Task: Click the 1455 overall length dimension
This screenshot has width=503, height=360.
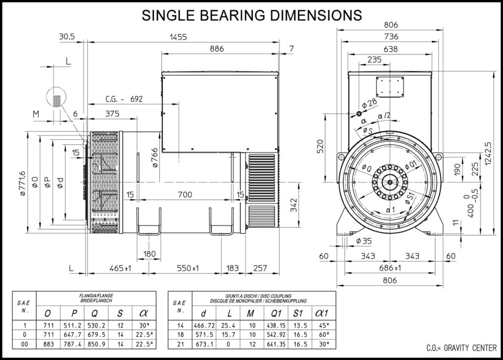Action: point(178,37)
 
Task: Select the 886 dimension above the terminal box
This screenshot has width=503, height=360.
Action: point(217,49)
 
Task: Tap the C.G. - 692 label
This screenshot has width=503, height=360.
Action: point(124,99)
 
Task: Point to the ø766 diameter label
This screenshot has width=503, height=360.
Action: point(155,158)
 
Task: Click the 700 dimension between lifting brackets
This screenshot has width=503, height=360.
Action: point(185,194)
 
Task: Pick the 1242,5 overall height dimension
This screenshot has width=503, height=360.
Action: point(488,153)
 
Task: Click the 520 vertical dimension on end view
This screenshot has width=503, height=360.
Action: point(320,146)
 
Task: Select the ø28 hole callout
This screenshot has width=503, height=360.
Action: point(369,104)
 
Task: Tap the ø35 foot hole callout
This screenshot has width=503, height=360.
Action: point(364,241)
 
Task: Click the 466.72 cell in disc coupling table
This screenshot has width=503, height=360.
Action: point(204,325)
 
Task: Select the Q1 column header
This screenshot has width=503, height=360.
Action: point(276,313)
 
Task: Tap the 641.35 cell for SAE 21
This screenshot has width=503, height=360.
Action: point(276,344)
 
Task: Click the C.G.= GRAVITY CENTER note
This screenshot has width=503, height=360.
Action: point(461,348)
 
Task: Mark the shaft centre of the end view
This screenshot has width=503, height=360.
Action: point(390,182)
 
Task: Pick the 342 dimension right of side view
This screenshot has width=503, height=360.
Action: point(294,205)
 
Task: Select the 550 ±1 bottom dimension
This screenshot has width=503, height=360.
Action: point(188,268)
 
